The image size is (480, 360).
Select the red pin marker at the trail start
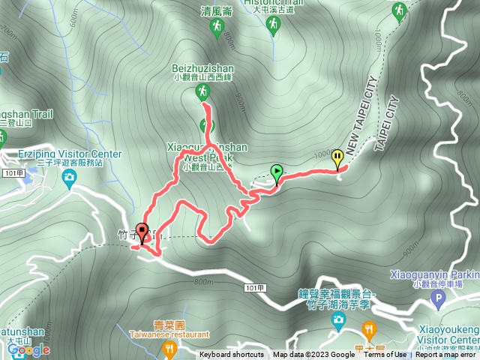142,233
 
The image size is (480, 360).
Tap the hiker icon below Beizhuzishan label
202,91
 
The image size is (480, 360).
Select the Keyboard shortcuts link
232,355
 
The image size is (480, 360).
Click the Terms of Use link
385,355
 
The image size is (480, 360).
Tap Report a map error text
447,355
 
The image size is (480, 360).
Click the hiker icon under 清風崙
217,27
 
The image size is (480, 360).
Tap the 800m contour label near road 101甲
203,282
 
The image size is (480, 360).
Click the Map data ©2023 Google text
313,355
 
